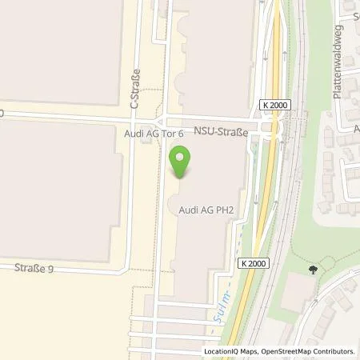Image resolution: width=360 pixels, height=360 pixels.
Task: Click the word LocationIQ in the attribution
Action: tap(222, 351)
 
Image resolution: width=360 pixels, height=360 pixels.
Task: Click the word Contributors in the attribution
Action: tap(333, 351)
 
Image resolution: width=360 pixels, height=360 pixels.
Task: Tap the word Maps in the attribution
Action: tap(248, 351)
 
